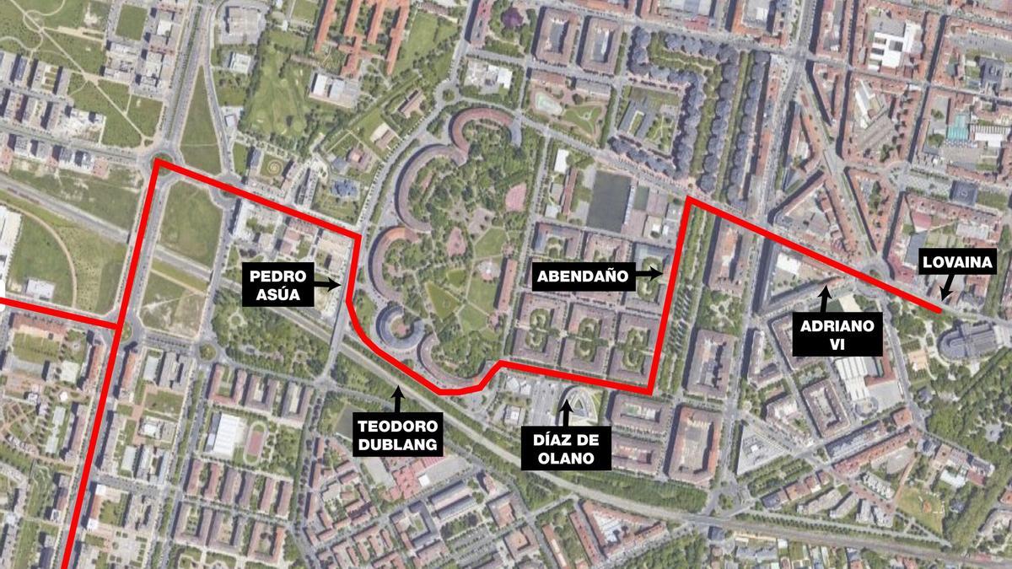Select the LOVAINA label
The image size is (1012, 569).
pyautogui.click(x=958, y=262)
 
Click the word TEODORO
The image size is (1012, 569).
pyautogui.click(x=398, y=426)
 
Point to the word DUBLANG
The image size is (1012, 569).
pyautogui.click(x=398, y=443)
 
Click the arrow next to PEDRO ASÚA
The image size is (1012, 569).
pyautogui.click(x=331, y=285)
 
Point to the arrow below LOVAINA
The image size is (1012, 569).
pyautogui.click(x=946, y=290)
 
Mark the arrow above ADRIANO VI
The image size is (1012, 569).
pyautogui.click(x=825, y=296)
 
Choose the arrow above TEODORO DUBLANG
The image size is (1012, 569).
pyautogui.click(x=396, y=396)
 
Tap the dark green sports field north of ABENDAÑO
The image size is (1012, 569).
pyautogui.click(x=609, y=201)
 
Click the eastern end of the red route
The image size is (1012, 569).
pyautogui.click(x=940, y=311)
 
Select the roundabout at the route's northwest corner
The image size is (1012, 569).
pyautogui.click(x=158, y=159)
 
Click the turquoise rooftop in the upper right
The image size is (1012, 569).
pyautogui.click(x=957, y=127)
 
